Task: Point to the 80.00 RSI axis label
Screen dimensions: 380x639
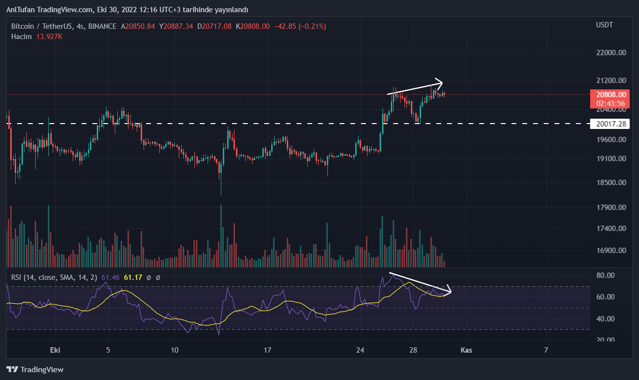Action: pos(606,275)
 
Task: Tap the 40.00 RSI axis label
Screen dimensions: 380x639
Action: pos(606,318)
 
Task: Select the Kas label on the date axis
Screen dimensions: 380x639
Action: pos(466,350)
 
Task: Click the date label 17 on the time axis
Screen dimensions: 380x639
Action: pos(267,350)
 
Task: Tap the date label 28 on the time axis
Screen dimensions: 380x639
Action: pos(413,350)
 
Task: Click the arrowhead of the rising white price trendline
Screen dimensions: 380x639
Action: pos(440,82)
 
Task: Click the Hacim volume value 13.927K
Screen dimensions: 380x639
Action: pos(49,37)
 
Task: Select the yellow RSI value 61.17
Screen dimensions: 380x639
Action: pos(133,277)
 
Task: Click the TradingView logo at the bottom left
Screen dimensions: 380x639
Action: pos(35,370)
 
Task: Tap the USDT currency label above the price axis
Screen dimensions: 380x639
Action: pos(604,24)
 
